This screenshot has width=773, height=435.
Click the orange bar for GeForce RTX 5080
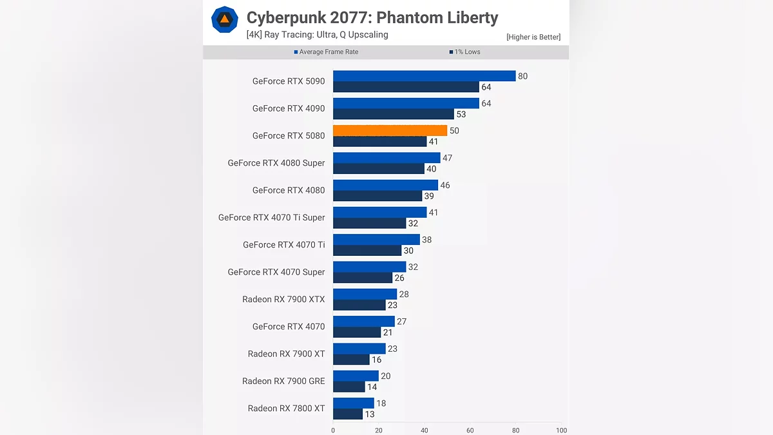[390, 130]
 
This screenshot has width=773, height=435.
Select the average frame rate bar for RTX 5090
[424, 76]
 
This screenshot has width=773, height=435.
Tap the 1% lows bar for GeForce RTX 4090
[393, 114]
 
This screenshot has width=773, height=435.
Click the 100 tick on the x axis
[562, 430]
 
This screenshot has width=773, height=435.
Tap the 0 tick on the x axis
[333, 430]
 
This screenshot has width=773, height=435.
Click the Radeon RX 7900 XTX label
[283, 299]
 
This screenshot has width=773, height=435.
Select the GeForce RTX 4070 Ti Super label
[271, 217]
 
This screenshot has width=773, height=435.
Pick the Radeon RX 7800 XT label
[286, 408]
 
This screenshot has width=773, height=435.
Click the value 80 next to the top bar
[522, 76]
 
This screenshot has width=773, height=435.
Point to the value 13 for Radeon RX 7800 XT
[369, 414]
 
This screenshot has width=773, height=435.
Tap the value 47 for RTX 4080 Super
[447, 158]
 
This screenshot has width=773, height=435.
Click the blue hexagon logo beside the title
[225, 20]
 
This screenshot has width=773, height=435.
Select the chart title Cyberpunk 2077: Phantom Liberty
[372, 17]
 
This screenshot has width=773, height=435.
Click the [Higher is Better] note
[533, 37]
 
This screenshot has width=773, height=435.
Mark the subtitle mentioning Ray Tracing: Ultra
[317, 35]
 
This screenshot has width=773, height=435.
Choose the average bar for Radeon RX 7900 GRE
[356, 376]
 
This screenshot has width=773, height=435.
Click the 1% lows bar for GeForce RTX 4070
[357, 333]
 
